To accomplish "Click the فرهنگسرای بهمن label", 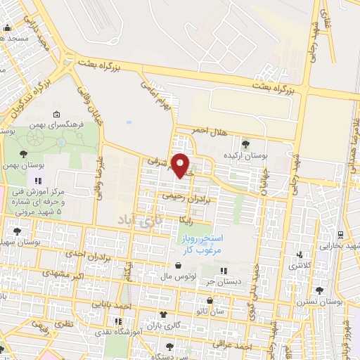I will pyautogui.click(x=63, y=124).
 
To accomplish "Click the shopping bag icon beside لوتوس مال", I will pyautogui.click(x=177, y=266).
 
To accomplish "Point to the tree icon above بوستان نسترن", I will pyautogui.click(x=320, y=290).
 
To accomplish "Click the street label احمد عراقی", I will pyautogui.click(x=254, y=346).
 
